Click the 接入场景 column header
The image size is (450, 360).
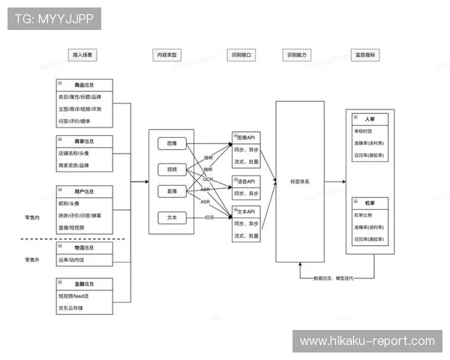point(85,55)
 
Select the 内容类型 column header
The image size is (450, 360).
point(167,55)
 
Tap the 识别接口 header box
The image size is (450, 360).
point(241,55)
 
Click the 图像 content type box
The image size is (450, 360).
point(172,144)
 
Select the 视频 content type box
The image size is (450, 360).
point(172,169)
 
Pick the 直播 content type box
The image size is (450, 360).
point(172,192)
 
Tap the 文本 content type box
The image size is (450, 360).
point(172,217)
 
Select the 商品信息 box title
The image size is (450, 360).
point(85,85)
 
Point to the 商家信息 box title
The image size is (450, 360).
point(85,141)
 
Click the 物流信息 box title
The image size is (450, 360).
point(85,247)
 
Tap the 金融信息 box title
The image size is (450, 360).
point(85,284)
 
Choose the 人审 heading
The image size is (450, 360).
point(370,119)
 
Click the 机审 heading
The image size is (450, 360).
point(370,202)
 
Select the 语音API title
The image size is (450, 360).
point(246,181)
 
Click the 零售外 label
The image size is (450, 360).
point(32,259)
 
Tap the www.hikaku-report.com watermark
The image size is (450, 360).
point(367,341)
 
